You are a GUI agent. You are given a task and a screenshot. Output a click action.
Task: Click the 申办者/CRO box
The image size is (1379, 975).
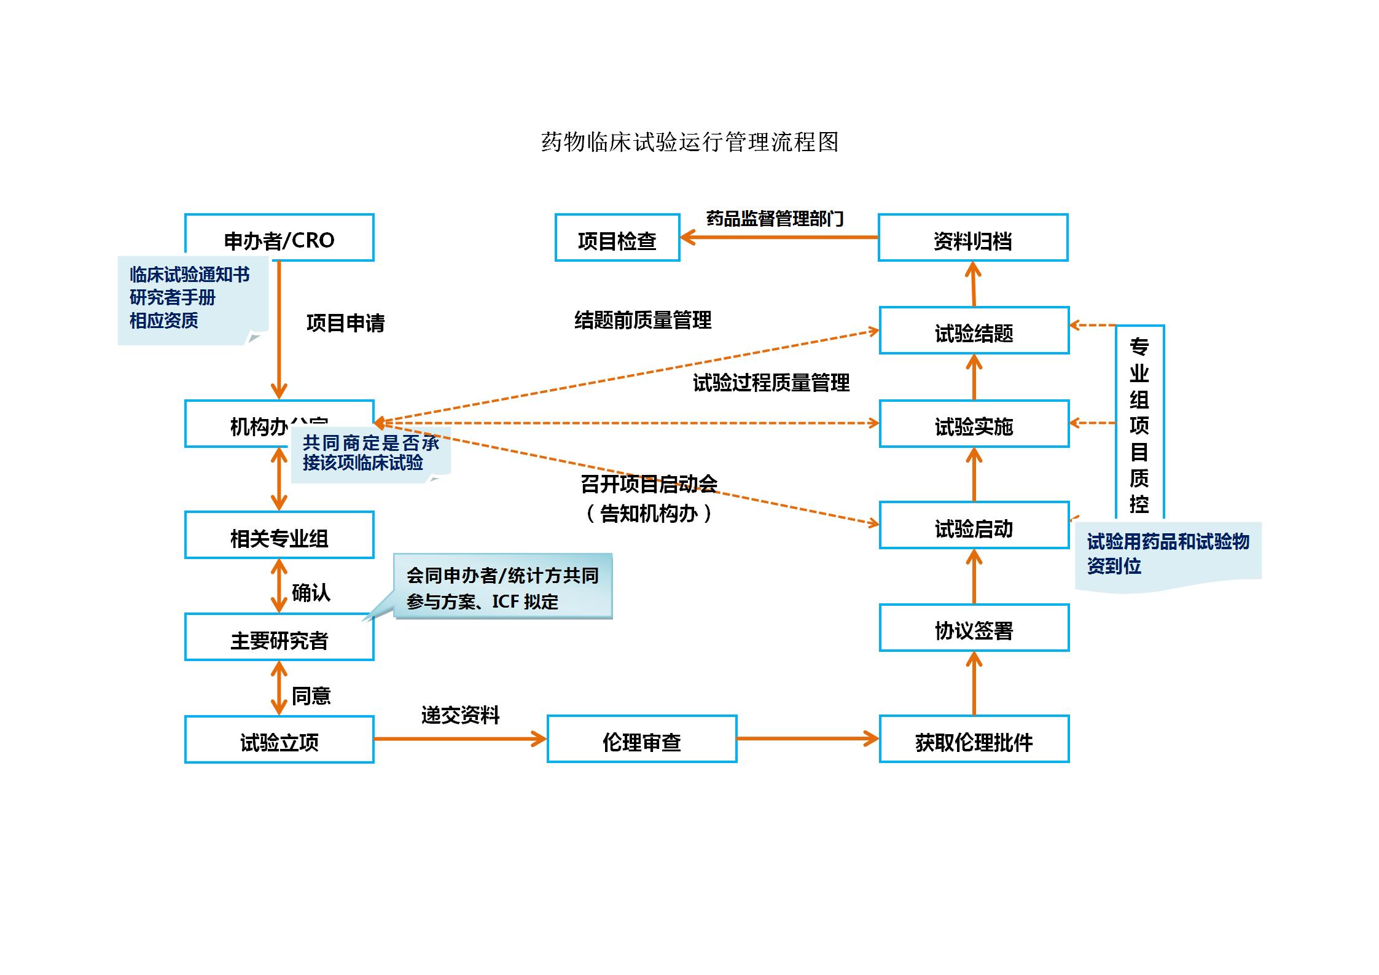point(279,238)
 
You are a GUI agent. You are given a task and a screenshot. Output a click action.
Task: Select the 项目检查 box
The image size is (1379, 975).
point(617,238)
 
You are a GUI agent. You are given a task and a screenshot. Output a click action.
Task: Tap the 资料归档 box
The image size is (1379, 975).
point(973,238)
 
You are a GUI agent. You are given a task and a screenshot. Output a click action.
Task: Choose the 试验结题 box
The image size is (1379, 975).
point(974,331)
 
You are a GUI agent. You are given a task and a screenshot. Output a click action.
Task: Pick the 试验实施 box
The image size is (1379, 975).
point(974,424)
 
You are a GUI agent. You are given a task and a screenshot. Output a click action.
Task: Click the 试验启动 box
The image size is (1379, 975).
point(974,525)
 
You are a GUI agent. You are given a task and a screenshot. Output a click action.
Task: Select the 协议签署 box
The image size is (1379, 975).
point(974,628)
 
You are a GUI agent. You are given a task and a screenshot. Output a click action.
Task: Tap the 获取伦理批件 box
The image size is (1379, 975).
point(974,739)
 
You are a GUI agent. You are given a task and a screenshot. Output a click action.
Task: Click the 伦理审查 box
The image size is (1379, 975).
point(642,739)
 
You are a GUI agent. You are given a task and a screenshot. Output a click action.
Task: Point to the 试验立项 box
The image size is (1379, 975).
point(279,740)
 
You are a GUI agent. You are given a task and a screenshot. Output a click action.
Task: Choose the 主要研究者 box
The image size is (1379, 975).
point(279,637)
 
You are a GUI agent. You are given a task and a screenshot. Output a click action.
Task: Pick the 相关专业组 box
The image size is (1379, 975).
point(279,535)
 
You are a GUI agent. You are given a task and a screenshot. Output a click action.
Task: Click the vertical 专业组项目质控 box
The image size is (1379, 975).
point(1139,424)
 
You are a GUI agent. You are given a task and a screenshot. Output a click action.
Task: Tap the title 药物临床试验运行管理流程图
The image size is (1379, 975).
point(689,143)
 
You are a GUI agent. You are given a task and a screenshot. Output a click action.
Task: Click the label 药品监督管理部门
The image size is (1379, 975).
point(775,218)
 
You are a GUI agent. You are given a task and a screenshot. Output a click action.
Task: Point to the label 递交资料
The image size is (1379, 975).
point(460,715)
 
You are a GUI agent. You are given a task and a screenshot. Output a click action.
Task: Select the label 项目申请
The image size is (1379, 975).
point(345,323)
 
